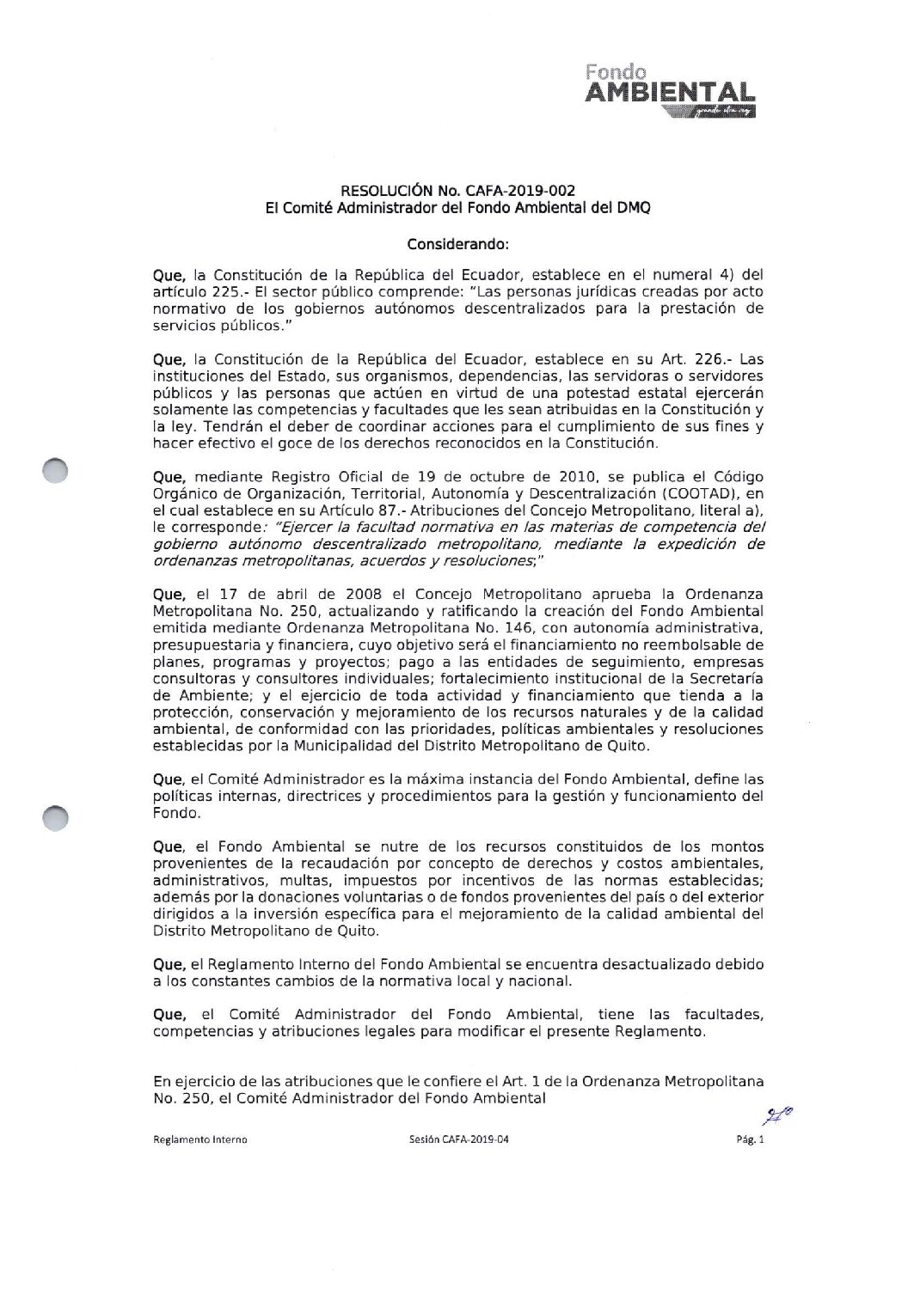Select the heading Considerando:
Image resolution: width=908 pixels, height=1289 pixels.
458,243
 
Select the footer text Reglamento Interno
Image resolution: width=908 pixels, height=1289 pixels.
199,1139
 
